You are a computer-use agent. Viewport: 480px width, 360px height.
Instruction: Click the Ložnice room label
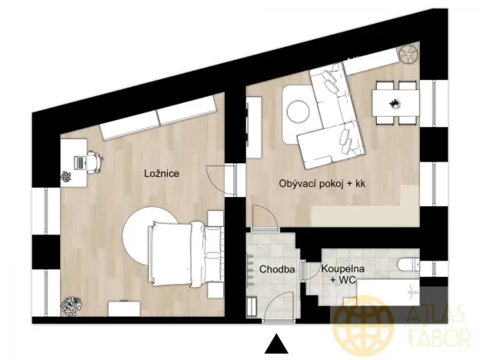[162, 174]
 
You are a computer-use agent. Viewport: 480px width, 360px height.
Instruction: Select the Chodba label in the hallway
[274, 270]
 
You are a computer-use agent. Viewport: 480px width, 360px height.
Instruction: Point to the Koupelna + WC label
[343, 275]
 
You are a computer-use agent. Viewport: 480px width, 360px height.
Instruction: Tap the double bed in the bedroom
[177, 254]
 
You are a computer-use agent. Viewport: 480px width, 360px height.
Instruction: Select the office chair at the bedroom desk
[94, 162]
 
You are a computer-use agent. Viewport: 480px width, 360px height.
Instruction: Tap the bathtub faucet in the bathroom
[414, 291]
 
